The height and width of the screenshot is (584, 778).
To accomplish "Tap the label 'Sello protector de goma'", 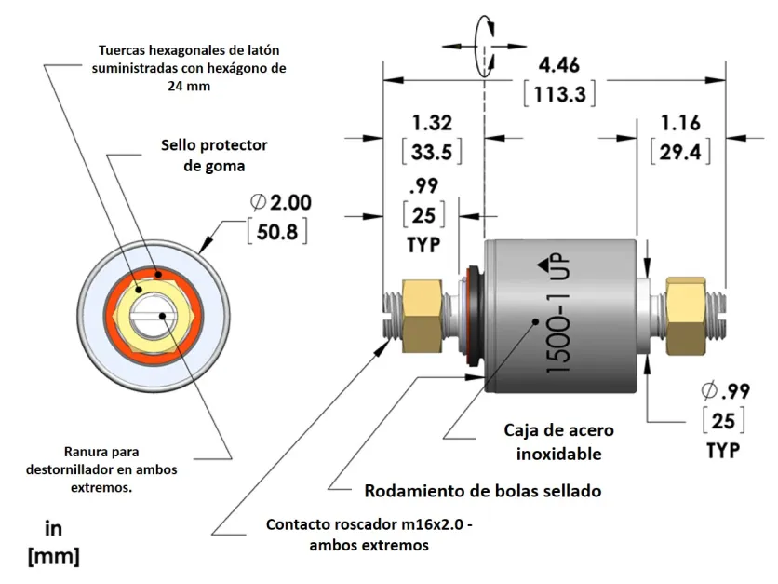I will (214, 156).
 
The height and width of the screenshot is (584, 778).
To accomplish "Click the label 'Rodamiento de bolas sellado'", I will (482, 491).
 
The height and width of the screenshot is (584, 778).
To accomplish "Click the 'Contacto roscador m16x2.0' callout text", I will (369, 535).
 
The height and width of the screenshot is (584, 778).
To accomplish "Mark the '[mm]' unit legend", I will (54, 557).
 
